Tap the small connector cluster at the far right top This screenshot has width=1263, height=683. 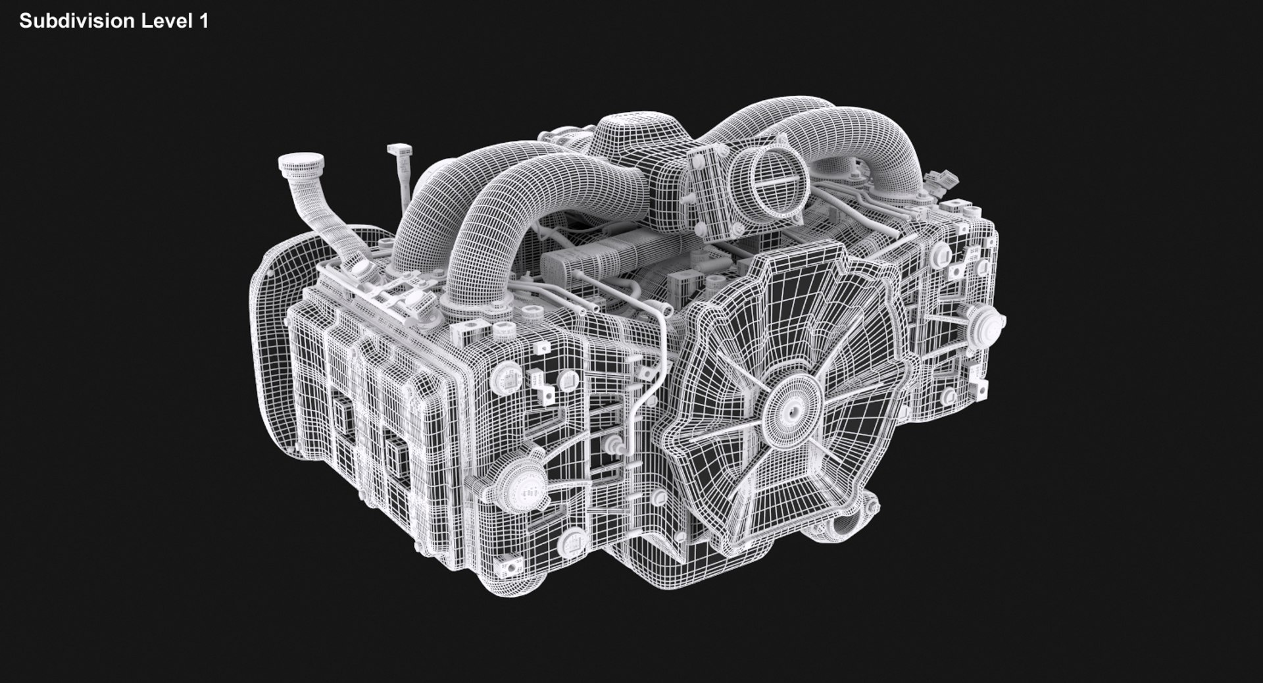(942, 180)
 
